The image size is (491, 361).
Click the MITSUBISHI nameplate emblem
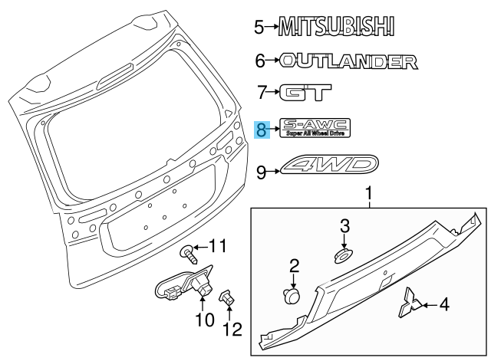coord(337,26)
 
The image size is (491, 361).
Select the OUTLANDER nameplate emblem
coord(348,61)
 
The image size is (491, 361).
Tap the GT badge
coord(305,92)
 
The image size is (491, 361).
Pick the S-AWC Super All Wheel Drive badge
coord(315,128)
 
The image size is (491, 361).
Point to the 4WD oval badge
coord(329,164)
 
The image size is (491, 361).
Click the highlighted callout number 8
coord(262,130)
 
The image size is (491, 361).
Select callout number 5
coord(259,28)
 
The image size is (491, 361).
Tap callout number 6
coord(260,61)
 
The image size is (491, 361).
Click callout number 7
coord(262,92)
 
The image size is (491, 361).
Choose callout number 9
coord(262,172)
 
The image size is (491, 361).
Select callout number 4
coord(444,304)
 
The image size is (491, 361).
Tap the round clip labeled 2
coord(292,296)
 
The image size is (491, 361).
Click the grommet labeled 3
coord(342,256)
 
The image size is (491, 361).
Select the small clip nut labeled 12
coord(227,297)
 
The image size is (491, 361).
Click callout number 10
coord(205,320)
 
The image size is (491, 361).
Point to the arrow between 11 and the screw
coord(200,248)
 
